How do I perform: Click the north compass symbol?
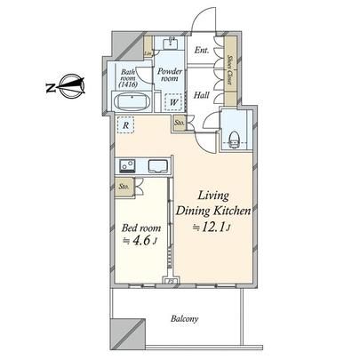pos(63,87)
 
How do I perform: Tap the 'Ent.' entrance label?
pos(201,51)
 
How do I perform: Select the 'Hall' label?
pos(202,95)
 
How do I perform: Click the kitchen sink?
pos(158,165)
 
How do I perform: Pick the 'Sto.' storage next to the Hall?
pos(180,122)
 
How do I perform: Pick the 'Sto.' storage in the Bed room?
pos(124,188)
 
